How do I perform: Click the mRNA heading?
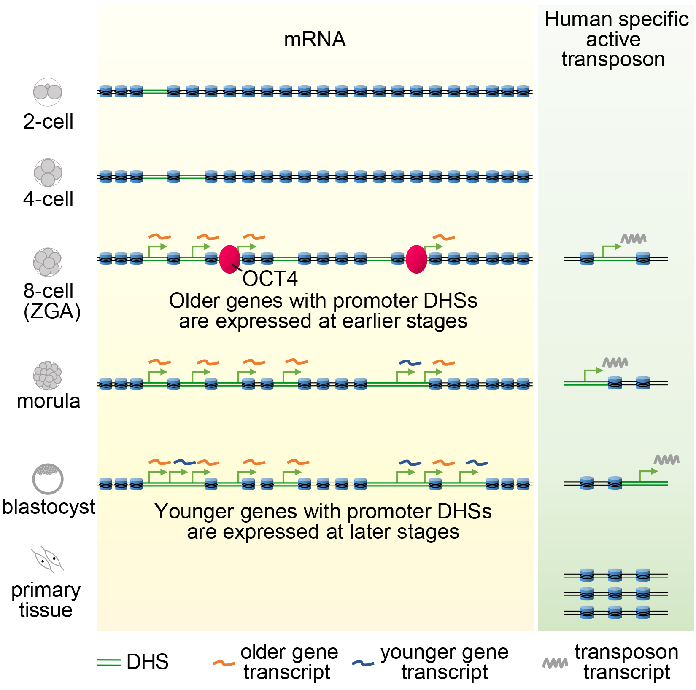[x=315, y=40]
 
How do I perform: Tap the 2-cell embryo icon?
[x=48, y=92]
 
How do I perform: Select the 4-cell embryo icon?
[x=48, y=172]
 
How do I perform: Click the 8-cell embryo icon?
[x=48, y=261]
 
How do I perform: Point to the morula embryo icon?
[x=48, y=375]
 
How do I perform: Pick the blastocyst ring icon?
[x=48, y=479]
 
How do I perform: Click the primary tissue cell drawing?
[x=48, y=560]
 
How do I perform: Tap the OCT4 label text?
[x=270, y=279]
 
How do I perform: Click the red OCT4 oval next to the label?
[x=229, y=259]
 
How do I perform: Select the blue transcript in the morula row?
[x=410, y=362]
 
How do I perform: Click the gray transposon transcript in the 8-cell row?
[x=634, y=239]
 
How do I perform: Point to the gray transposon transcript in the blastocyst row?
[x=666, y=460]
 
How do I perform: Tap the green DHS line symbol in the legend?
[x=109, y=662]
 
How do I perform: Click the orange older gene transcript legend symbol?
[x=224, y=663]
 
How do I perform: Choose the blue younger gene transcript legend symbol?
[x=363, y=663]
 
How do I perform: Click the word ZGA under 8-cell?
[x=52, y=312]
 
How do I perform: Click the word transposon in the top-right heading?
[x=613, y=59]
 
